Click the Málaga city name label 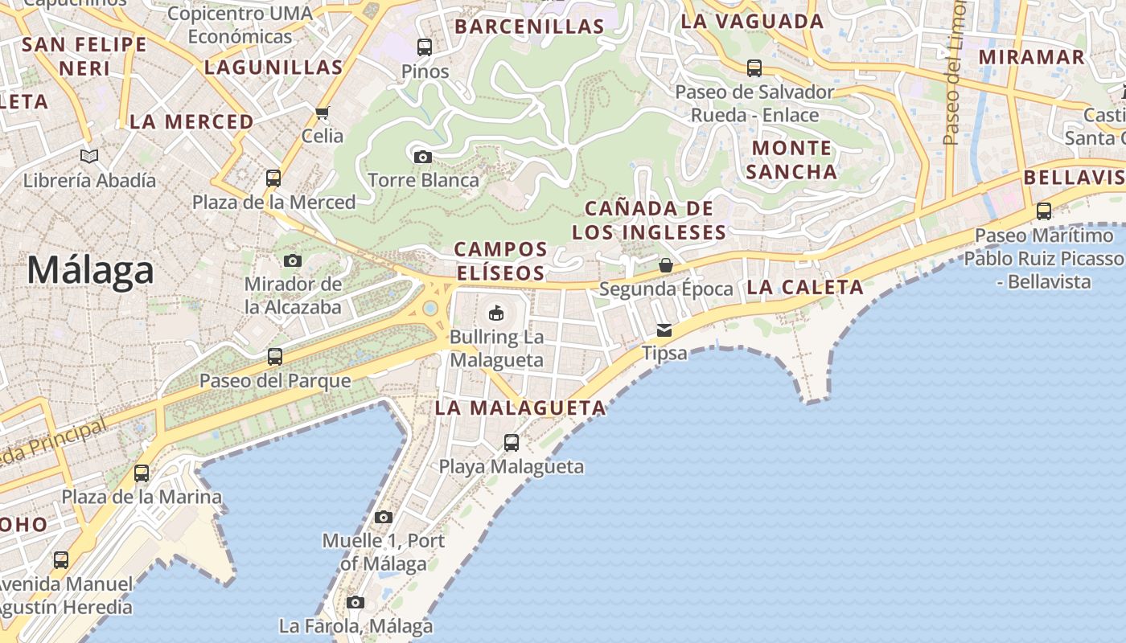90,270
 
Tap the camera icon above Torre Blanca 422,157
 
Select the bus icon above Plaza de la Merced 273,178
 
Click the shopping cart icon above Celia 323,113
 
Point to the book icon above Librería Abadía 89,156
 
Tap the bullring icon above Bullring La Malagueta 496,313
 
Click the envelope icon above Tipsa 664,330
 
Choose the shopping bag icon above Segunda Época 666,265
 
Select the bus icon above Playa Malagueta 511,442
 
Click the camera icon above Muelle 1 384,517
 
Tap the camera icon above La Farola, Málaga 355,602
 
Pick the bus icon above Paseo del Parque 275,356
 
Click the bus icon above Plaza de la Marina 142,473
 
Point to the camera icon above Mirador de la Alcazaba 293,260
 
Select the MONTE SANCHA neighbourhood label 791,160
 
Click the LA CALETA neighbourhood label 805,287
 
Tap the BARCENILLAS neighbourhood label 529,27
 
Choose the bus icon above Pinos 425,47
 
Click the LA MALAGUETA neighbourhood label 520,408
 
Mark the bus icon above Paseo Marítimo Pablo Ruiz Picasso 1044,211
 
